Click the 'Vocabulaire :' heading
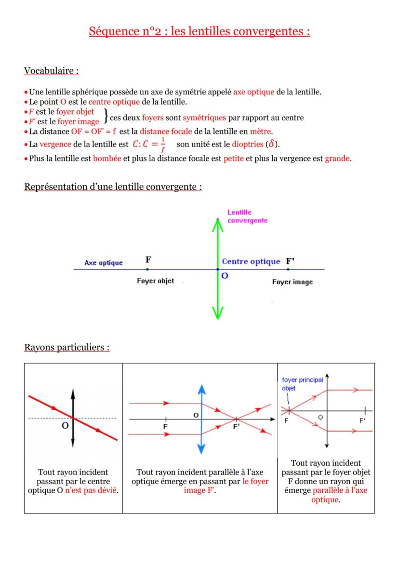51,71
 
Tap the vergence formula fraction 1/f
163,144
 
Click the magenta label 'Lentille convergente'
247,216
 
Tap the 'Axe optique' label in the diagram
103,263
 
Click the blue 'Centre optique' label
251,262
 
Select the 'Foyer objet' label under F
155,281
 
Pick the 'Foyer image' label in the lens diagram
292,282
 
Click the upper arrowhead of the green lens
218,225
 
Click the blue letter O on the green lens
225,276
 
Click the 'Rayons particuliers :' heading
66,347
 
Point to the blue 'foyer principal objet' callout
302,384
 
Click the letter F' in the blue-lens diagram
236,426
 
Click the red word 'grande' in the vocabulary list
337,158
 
